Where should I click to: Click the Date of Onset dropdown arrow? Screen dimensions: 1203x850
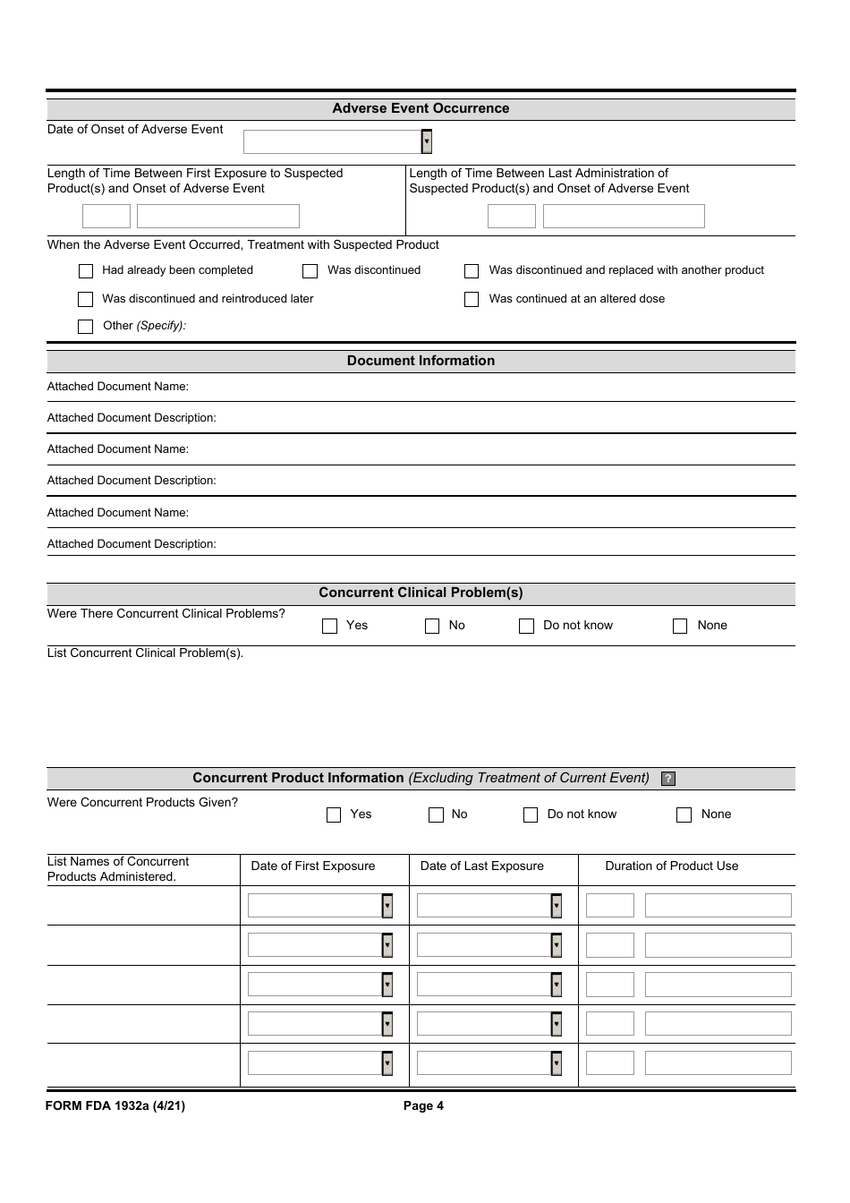point(427,141)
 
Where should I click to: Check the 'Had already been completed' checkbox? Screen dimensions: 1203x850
point(86,270)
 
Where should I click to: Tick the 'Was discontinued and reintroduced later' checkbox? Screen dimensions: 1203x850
point(86,299)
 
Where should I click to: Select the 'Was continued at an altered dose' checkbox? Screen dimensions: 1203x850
point(472,299)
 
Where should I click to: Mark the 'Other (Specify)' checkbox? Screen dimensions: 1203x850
point(86,327)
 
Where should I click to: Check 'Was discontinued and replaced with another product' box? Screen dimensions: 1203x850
point(472,270)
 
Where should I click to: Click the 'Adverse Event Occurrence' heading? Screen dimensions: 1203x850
point(421,108)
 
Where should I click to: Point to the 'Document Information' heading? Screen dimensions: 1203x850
point(421,361)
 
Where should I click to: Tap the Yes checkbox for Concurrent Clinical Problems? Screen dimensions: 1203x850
point(329,626)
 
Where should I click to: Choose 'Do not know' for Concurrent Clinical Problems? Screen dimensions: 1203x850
point(527,626)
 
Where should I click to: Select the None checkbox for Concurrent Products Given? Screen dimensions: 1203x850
point(684,815)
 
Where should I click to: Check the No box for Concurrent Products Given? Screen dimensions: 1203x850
point(437,815)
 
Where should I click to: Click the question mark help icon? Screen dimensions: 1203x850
point(668,779)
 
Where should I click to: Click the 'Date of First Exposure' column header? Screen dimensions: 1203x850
point(313,866)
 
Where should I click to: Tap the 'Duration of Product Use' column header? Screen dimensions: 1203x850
point(671,866)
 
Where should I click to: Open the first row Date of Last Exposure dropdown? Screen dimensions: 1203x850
point(557,906)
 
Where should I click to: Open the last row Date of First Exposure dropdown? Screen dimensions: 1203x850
point(387,1063)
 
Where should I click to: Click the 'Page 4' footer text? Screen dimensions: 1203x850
point(423,1106)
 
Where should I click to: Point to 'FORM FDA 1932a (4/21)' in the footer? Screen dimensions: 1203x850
point(115,1106)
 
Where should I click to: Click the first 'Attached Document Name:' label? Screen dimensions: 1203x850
point(118,387)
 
